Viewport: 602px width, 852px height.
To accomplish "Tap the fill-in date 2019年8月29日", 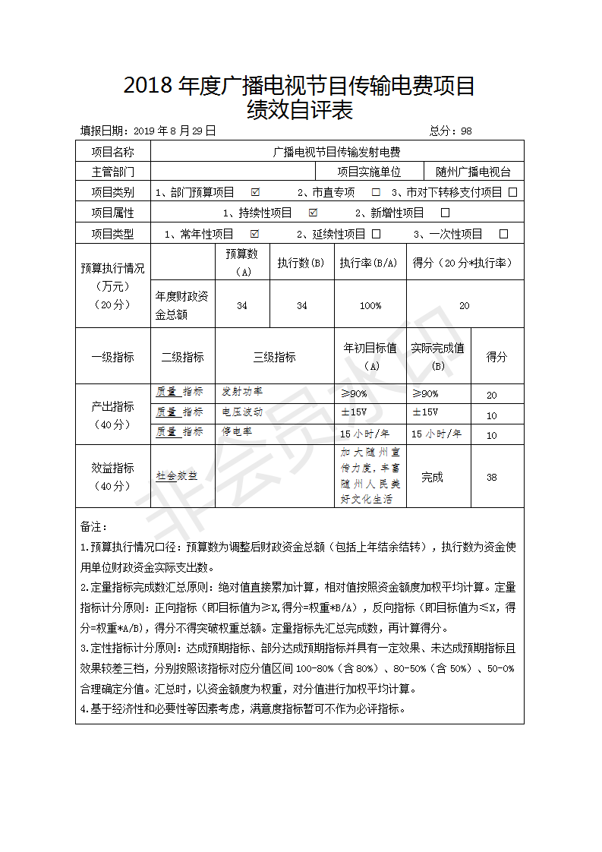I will (x=174, y=131).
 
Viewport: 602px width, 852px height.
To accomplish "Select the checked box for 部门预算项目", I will (x=255, y=192).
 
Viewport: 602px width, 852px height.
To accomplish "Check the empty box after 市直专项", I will (x=376, y=192).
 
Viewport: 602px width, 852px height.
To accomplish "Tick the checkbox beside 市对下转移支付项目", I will (x=513, y=192).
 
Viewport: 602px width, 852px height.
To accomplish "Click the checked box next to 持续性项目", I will (x=313, y=213).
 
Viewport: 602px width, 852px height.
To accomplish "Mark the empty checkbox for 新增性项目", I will (x=446, y=213).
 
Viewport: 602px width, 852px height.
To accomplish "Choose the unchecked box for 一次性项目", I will (x=503, y=234).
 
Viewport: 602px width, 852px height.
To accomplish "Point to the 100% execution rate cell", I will (x=370, y=305).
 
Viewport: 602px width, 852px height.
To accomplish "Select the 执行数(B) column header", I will (x=301, y=263).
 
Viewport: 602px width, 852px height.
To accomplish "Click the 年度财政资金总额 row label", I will (x=183, y=305).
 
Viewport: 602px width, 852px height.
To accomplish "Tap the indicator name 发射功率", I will (x=242, y=392).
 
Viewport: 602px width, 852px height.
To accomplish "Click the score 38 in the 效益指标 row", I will (x=492, y=478).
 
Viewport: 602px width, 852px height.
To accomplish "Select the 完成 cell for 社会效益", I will (x=433, y=478).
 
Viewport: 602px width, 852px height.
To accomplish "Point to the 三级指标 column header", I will (x=274, y=357).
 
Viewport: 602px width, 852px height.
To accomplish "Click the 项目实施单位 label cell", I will (x=370, y=172).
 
